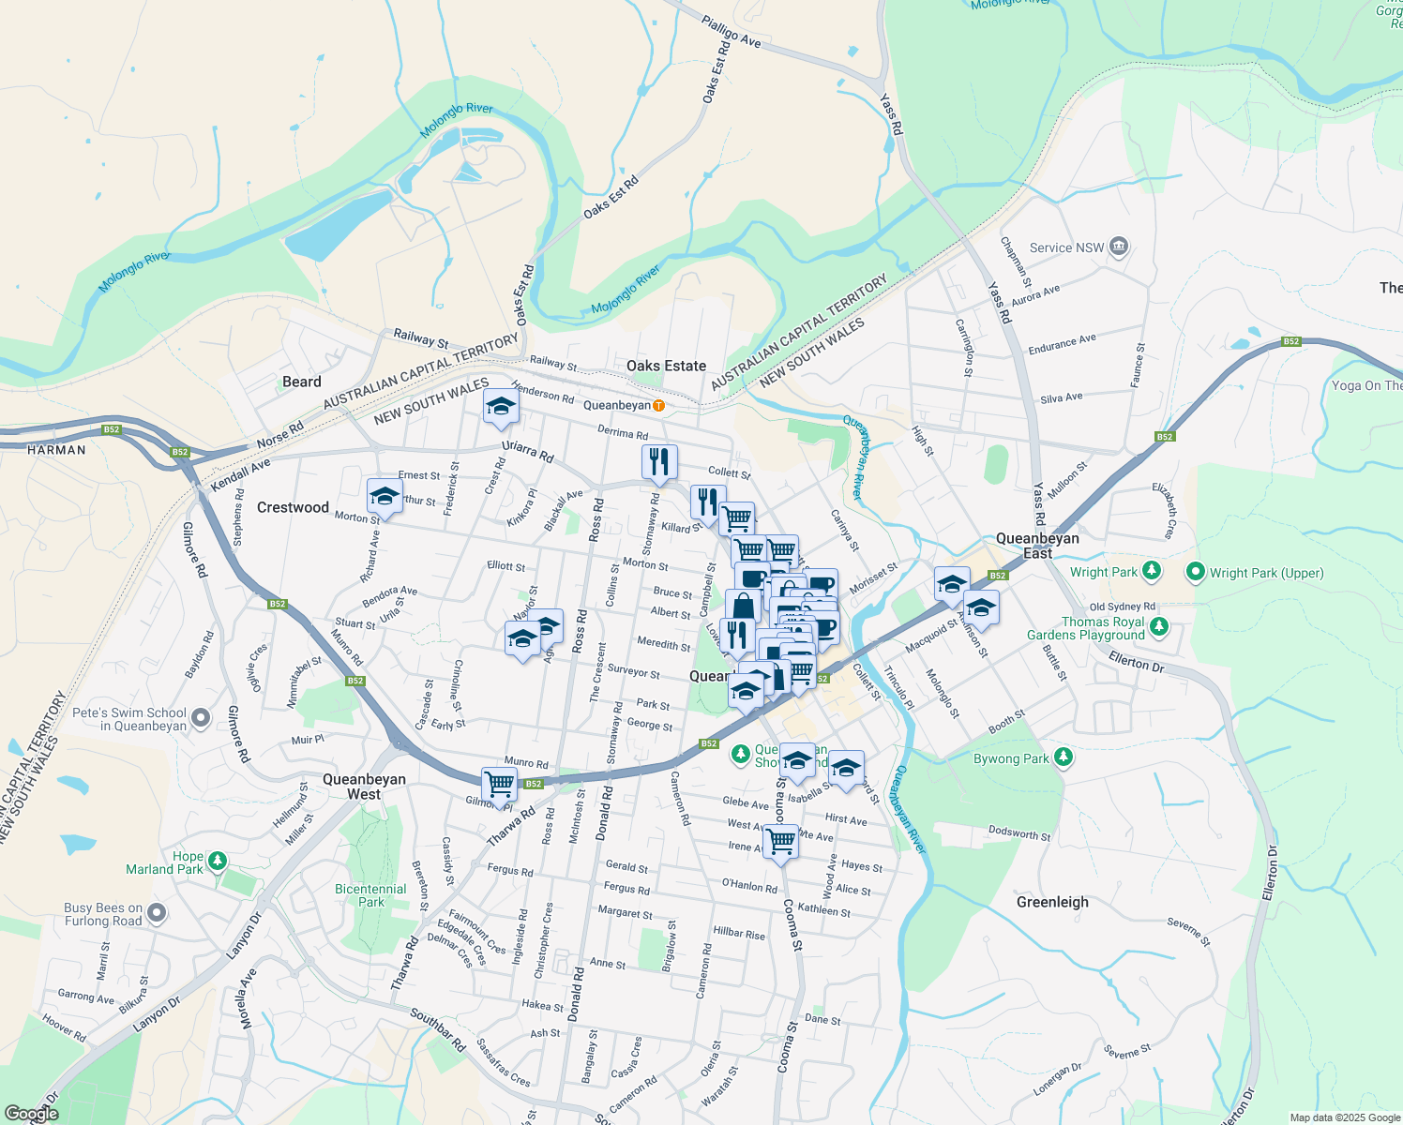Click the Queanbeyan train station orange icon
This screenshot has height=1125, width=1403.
click(x=659, y=405)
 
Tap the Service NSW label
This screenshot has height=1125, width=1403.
click(x=1066, y=247)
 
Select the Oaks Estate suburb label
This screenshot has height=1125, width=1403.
click(x=666, y=366)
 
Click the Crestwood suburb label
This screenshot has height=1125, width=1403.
click(x=293, y=507)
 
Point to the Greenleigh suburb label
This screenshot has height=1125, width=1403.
click(x=1052, y=902)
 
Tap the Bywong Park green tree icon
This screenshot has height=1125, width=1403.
click(x=1063, y=757)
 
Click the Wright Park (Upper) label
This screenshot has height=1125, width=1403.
click(x=1266, y=573)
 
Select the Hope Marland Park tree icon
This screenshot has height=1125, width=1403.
click(x=218, y=860)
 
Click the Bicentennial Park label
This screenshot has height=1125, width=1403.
click(x=370, y=895)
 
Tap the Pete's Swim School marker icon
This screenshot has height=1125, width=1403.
click(x=201, y=719)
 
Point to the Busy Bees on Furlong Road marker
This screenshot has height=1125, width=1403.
click(x=157, y=912)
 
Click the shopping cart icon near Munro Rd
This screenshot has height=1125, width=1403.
click(x=500, y=783)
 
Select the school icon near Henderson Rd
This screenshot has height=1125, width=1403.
click(x=501, y=406)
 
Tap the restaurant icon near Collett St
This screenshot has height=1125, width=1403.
click(x=659, y=461)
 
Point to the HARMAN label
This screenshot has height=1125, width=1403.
click(x=56, y=450)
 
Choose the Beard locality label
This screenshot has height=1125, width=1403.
click(x=301, y=382)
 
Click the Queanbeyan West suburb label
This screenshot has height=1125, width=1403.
click(x=364, y=787)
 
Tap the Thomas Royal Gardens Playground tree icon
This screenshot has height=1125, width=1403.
click(x=1159, y=625)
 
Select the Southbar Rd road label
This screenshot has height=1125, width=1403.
click(x=438, y=1028)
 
